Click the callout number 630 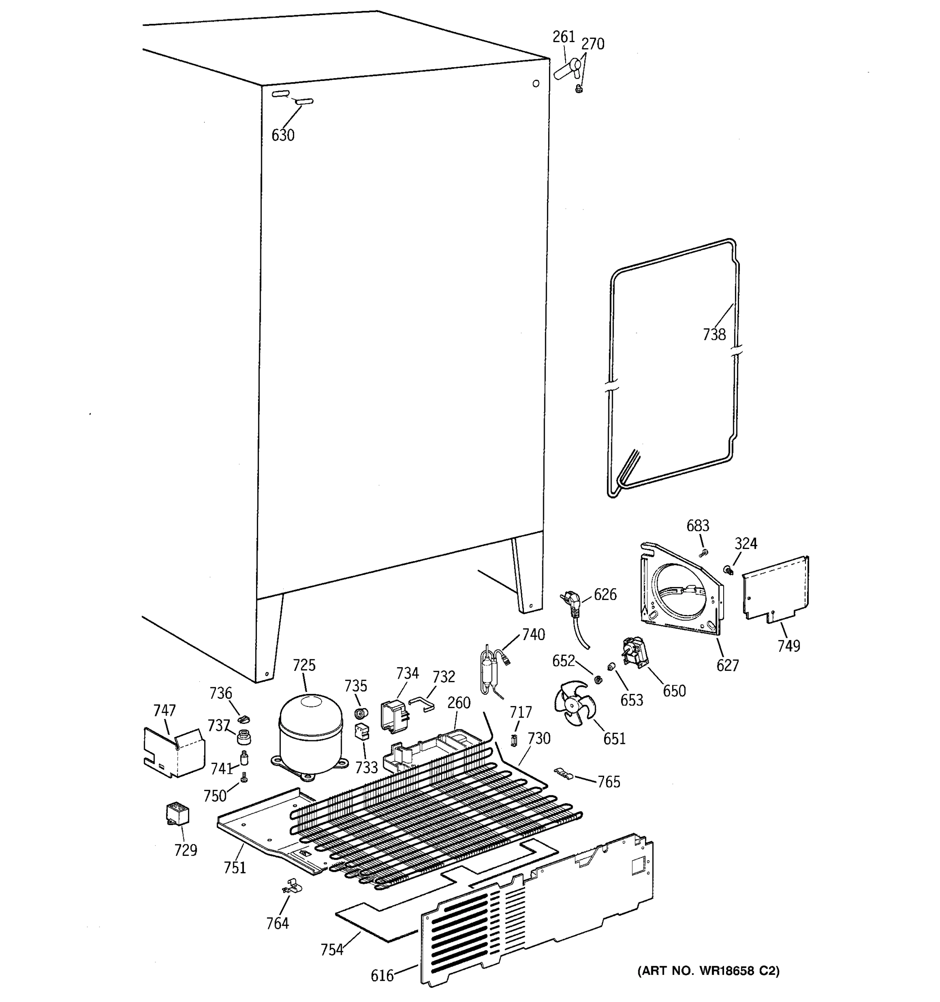coord(282,135)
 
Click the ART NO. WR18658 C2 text coord(709,971)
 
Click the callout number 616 coord(382,976)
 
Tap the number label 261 coord(563,37)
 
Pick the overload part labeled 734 coord(394,715)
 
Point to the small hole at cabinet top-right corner coord(536,83)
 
